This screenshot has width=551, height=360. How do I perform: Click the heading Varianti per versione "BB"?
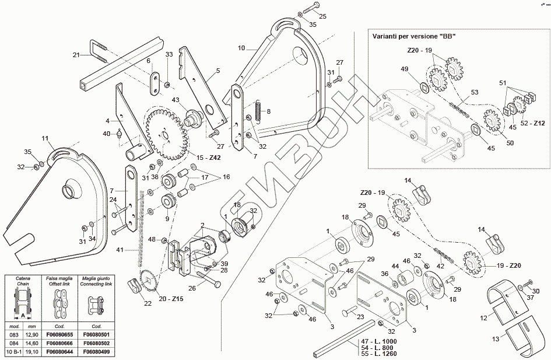(x=413, y=36)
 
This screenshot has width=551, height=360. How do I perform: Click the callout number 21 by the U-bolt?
(x=76, y=55)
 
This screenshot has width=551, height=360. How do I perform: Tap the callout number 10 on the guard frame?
(x=241, y=48)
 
